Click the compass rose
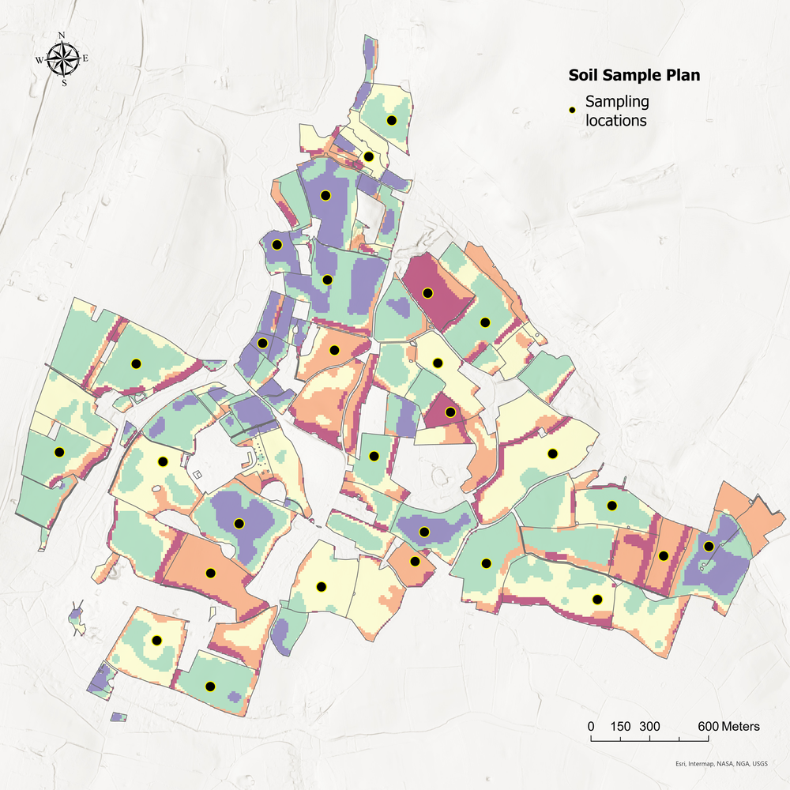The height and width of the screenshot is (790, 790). pyautogui.click(x=62, y=58)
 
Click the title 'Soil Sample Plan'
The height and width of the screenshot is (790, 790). pyautogui.click(x=634, y=76)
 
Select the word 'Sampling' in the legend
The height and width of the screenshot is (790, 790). pyautogui.click(x=616, y=102)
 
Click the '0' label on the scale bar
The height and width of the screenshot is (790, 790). pyautogui.click(x=591, y=726)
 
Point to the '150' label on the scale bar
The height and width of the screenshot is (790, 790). pyautogui.click(x=620, y=726)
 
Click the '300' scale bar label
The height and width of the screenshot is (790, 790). pyautogui.click(x=649, y=726)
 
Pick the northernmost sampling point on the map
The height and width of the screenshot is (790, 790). pyautogui.click(x=392, y=120)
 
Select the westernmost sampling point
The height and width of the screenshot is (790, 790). pyautogui.click(x=58, y=452)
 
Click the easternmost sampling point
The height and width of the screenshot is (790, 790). pyautogui.click(x=709, y=546)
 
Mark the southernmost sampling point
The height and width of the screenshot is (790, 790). pyautogui.click(x=210, y=686)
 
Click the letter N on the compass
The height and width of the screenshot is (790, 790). pyautogui.click(x=62, y=35)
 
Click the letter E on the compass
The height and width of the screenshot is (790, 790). pyautogui.click(x=86, y=58)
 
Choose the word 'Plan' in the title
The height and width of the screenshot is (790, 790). pyautogui.click(x=683, y=76)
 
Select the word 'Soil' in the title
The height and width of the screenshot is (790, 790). pyautogui.click(x=584, y=76)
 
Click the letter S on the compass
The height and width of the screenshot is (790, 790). pyautogui.click(x=63, y=82)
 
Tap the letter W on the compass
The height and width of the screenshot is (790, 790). pyautogui.click(x=39, y=58)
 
